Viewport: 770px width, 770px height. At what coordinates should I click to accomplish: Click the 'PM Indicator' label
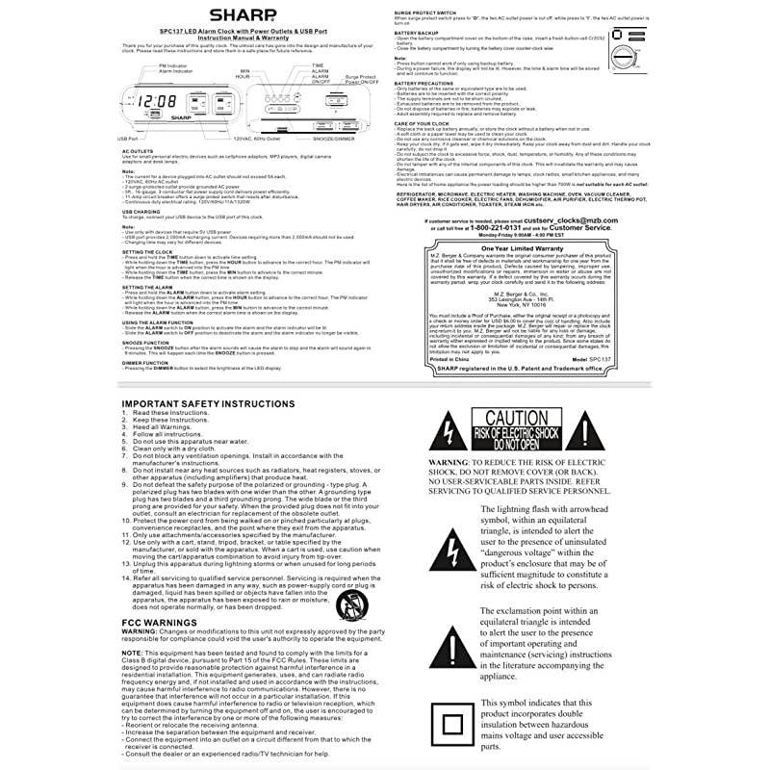(174, 66)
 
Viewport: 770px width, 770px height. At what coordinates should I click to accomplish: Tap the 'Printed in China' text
(441, 359)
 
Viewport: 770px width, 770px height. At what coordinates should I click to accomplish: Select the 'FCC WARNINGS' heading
(159, 623)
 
